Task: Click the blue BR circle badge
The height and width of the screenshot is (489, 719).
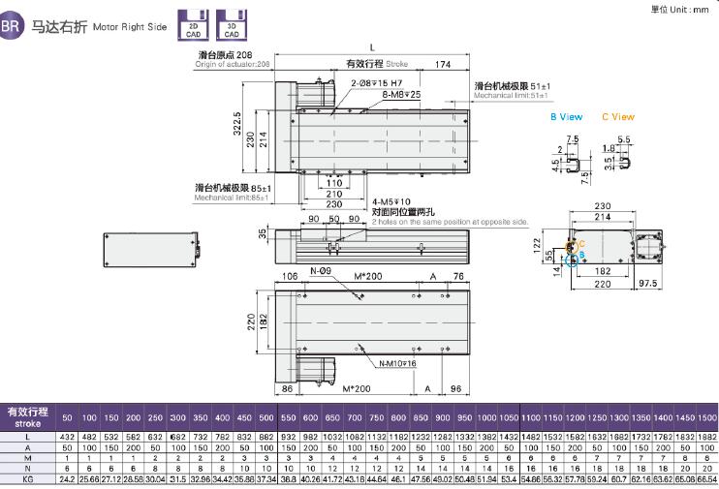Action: click(x=12, y=27)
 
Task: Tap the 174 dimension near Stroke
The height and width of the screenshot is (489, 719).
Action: click(x=441, y=65)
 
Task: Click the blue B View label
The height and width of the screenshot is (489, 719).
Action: click(x=566, y=116)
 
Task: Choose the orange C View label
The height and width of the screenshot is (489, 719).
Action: click(x=617, y=116)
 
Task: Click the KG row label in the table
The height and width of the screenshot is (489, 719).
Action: click(x=27, y=478)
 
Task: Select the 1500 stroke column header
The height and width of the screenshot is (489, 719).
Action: click(x=705, y=416)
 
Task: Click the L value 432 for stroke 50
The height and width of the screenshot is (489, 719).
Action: click(x=67, y=437)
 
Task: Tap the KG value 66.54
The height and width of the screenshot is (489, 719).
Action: click(x=705, y=478)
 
